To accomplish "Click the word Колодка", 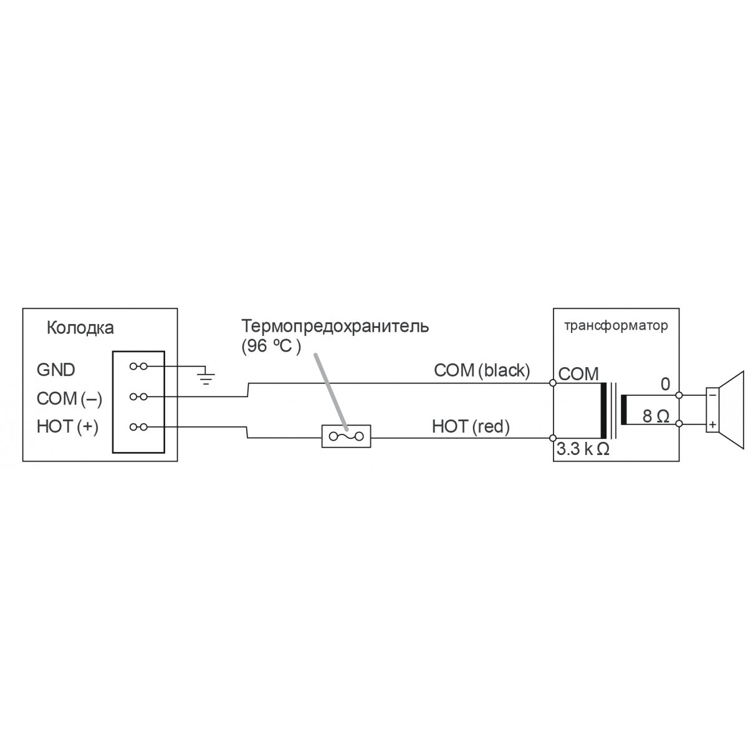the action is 80,328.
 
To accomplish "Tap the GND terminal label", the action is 56,370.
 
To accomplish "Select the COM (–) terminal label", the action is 69,399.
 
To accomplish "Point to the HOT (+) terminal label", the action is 67,426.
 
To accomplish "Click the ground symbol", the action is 206,376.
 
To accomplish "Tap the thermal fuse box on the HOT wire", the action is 346,436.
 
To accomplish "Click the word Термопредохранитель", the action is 335,326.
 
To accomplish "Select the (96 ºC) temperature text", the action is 271,346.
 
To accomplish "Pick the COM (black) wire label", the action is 482,370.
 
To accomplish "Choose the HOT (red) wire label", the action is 471,426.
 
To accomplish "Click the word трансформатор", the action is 616,325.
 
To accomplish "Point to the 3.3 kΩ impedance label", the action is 583,449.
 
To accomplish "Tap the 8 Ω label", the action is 656,416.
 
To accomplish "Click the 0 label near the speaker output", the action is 665,384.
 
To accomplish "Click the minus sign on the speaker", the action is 712,395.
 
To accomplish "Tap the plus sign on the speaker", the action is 712,424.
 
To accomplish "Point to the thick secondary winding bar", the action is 624,410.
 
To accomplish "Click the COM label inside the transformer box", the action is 578,374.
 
